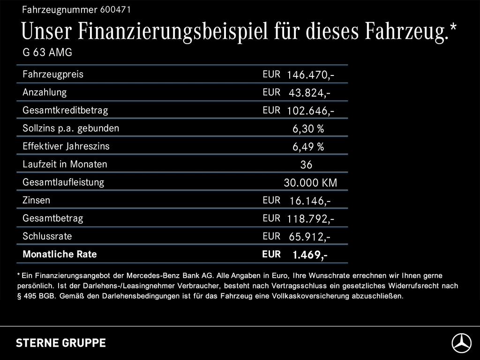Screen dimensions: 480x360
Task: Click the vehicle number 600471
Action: [x=115, y=10]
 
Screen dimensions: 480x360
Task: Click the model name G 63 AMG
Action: [x=47, y=52]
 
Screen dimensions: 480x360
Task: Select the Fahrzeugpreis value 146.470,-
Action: [x=310, y=75]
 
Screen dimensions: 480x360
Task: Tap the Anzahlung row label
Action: [x=45, y=92]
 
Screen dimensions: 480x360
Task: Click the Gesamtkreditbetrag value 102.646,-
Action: [x=310, y=111]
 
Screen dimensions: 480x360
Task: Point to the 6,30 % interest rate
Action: [x=308, y=129]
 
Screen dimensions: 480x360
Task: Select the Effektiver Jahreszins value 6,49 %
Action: [x=308, y=147]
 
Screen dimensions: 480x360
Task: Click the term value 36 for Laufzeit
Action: [x=306, y=165]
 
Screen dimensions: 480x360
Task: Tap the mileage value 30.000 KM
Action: [x=310, y=183]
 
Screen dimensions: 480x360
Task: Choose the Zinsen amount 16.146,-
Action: [x=310, y=201]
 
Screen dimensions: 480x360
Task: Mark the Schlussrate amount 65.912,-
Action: [x=309, y=237]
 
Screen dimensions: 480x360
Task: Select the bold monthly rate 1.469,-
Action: [x=310, y=255]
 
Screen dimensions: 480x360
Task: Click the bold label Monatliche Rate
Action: [x=60, y=254]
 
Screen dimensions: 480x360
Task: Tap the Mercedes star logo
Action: [x=462, y=343]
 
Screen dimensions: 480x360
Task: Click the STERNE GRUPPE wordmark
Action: [x=61, y=343]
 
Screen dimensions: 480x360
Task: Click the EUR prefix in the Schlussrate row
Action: [x=271, y=236]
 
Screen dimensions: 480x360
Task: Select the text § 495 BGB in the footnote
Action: [x=37, y=296]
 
